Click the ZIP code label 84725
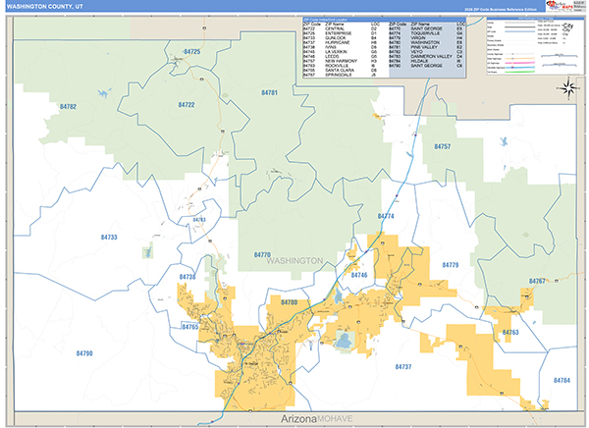(x=191, y=50)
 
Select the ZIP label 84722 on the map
(x=186, y=105)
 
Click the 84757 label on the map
(x=442, y=146)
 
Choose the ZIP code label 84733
(x=109, y=238)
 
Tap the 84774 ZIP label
(x=385, y=216)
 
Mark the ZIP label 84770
(x=262, y=254)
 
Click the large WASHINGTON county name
(x=294, y=261)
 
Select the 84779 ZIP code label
(x=451, y=265)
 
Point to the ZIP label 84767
(x=537, y=282)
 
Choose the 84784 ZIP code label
(x=562, y=379)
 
